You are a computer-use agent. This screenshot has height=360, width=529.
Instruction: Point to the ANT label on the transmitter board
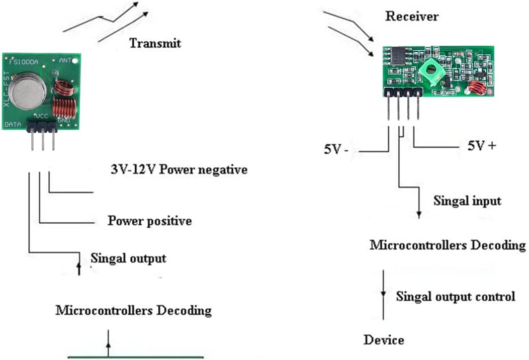click(66, 60)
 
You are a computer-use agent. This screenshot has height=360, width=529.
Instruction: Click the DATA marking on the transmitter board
click(14, 124)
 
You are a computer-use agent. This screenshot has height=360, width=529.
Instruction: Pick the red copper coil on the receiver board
click(477, 88)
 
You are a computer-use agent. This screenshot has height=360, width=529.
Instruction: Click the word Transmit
click(155, 43)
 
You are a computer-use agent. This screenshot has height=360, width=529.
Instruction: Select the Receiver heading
click(412, 16)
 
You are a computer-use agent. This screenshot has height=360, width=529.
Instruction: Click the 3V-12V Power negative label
click(179, 169)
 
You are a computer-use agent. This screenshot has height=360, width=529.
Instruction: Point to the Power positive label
click(149, 221)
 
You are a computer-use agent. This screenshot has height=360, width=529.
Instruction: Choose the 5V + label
click(482, 146)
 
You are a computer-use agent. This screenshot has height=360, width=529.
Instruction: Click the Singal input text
click(467, 201)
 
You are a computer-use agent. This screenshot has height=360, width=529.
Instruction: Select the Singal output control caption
click(455, 296)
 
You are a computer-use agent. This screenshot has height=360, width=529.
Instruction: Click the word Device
click(384, 340)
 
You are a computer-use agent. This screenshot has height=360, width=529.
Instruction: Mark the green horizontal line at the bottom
click(136, 357)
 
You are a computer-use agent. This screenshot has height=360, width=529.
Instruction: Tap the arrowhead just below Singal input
click(419, 214)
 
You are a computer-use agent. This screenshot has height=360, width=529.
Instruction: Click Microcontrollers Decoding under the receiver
click(448, 245)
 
